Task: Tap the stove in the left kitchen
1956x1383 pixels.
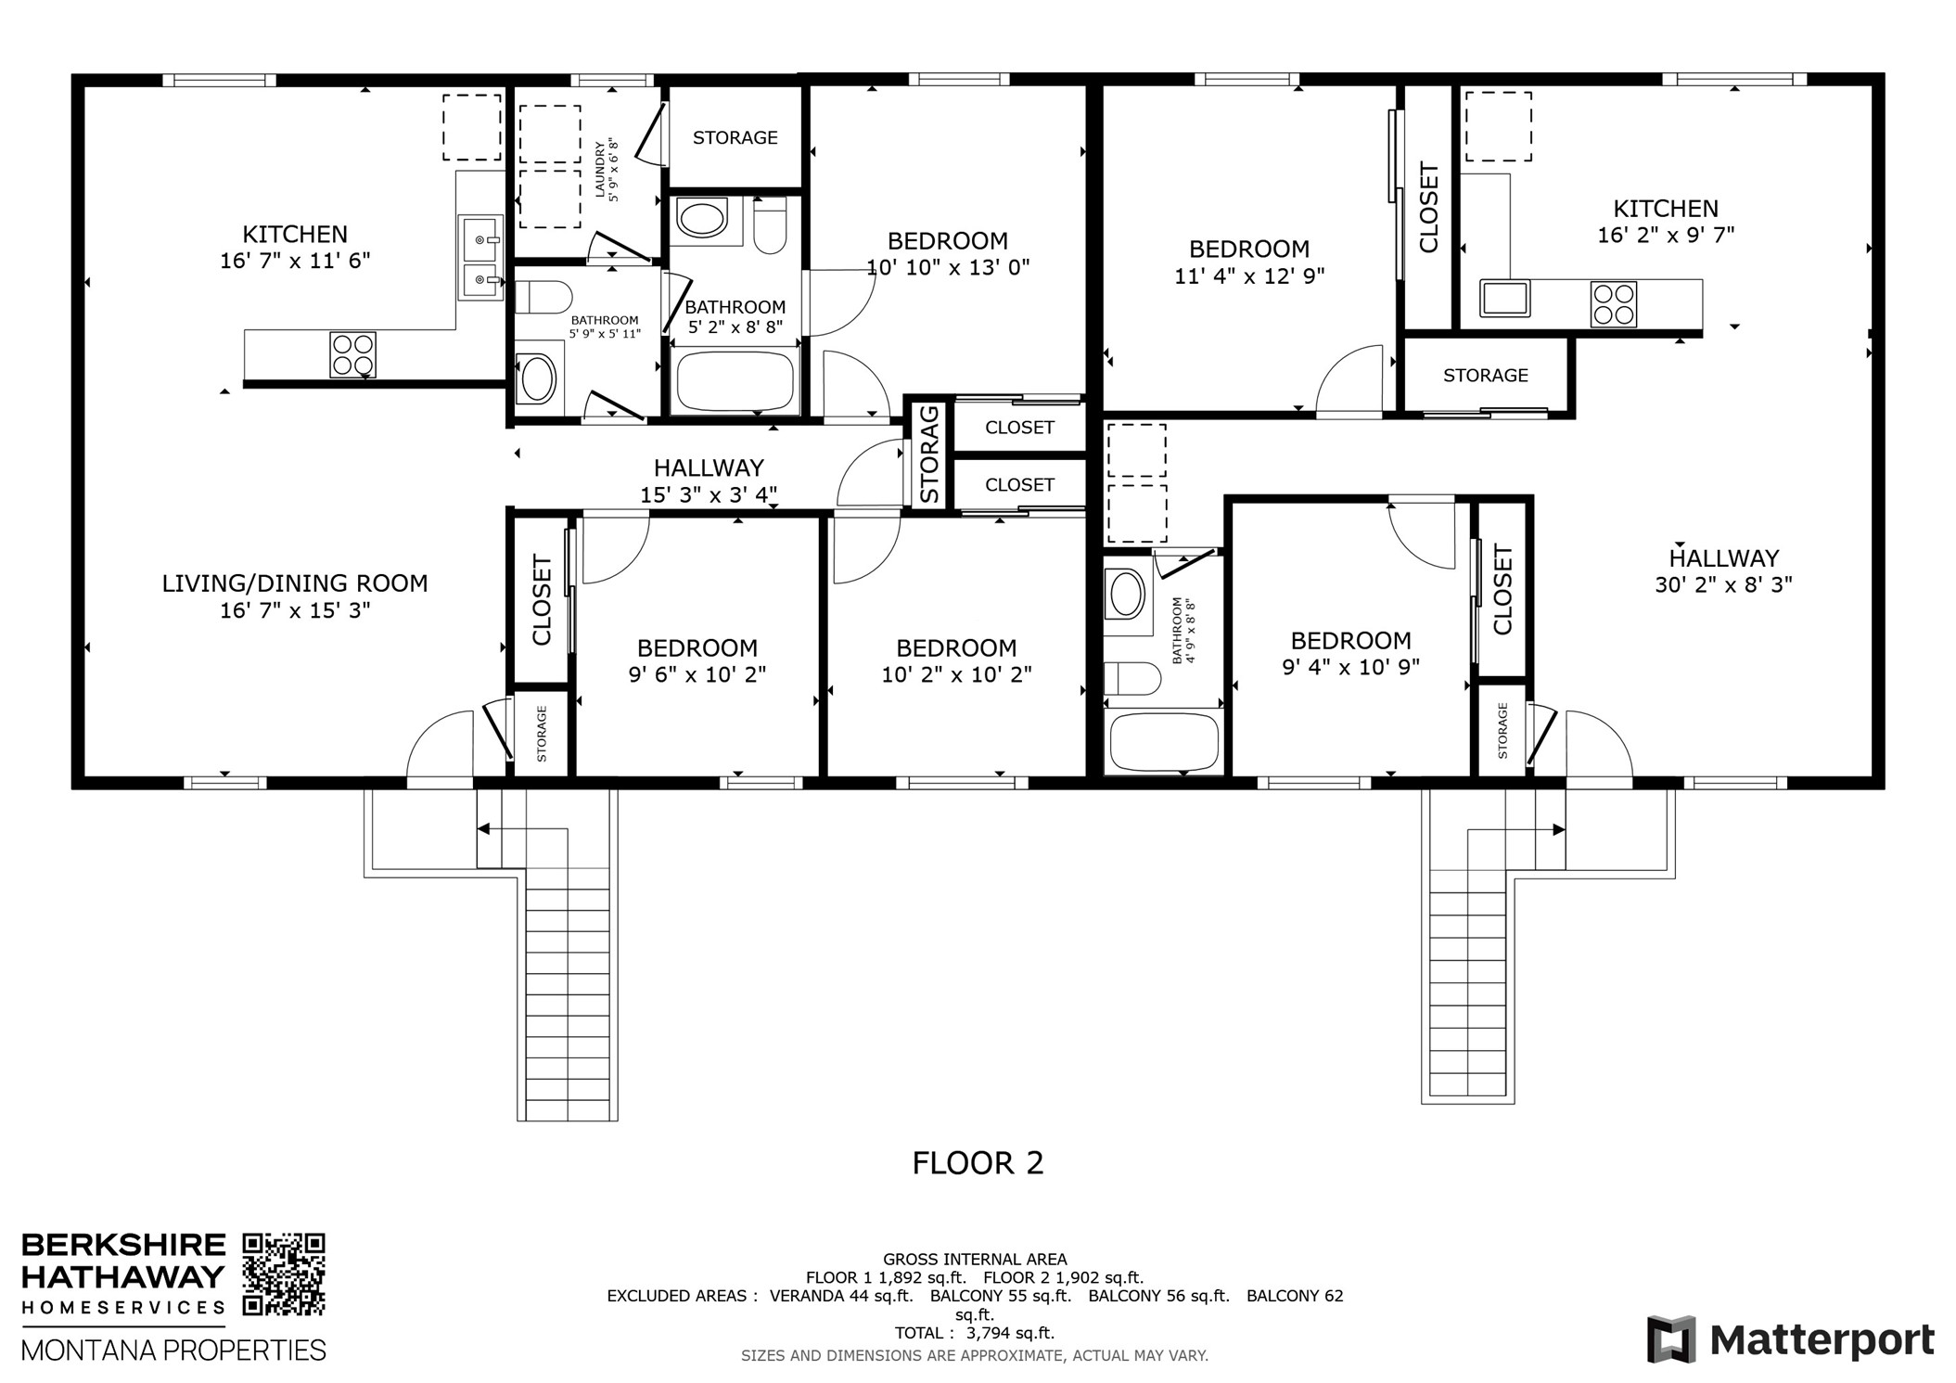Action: (x=352, y=354)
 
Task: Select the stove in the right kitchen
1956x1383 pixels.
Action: (x=1614, y=304)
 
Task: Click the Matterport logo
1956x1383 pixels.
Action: (x=1790, y=1340)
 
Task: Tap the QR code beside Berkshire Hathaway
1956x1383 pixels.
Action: (x=284, y=1274)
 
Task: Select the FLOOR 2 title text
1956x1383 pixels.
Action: (x=978, y=1162)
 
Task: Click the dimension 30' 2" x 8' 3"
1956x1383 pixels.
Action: (x=1723, y=584)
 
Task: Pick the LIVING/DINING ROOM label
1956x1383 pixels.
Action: (x=295, y=583)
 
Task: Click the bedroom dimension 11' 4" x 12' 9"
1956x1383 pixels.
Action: (x=1249, y=275)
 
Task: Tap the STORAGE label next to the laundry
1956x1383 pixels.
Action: (x=735, y=137)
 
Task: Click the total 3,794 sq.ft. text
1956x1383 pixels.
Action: (x=974, y=1333)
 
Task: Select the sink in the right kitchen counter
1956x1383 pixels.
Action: (x=1504, y=299)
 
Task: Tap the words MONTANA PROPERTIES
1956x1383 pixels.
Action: (x=173, y=1350)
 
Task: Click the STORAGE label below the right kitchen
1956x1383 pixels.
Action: (x=1485, y=375)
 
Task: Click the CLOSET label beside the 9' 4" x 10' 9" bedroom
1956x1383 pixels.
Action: (x=1502, y=589)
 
